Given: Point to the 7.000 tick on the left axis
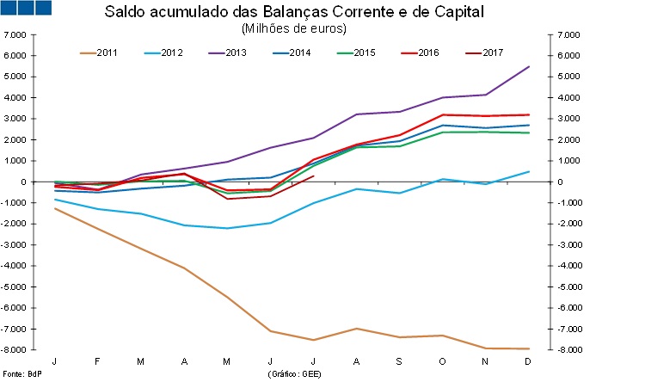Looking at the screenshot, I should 16,34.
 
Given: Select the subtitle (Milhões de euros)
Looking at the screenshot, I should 295,28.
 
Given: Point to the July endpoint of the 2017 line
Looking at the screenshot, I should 313,176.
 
